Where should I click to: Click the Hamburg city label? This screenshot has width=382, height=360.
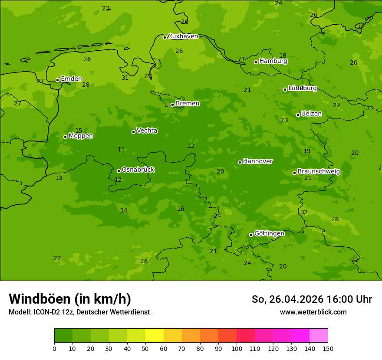point(273,61)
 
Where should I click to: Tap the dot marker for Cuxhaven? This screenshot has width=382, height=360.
point(165,37)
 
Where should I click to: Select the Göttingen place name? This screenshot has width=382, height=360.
point(269,234)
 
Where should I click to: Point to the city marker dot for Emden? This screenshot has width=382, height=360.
point(57,80)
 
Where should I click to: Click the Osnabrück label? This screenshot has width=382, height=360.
point(138,170)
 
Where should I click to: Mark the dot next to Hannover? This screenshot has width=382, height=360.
point(240,162)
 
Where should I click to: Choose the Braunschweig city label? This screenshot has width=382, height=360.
point(319,172)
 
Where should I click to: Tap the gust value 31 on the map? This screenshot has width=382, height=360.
point(125,78)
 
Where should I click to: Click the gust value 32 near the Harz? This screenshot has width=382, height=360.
point(304,212)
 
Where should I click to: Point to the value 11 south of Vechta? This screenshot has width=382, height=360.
point(121,150)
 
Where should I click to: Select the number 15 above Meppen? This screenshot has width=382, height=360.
point(79,131)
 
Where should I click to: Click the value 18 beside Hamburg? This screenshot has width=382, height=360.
point(283,56)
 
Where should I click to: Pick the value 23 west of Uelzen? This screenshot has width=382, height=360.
point(284,121)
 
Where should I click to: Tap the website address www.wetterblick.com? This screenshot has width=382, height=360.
point(313,312)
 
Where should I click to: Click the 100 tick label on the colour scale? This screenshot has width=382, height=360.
point(237,348)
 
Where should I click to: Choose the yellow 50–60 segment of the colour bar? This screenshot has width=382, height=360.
point(155,336)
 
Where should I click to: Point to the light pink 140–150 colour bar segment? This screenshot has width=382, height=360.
point(319,336)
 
